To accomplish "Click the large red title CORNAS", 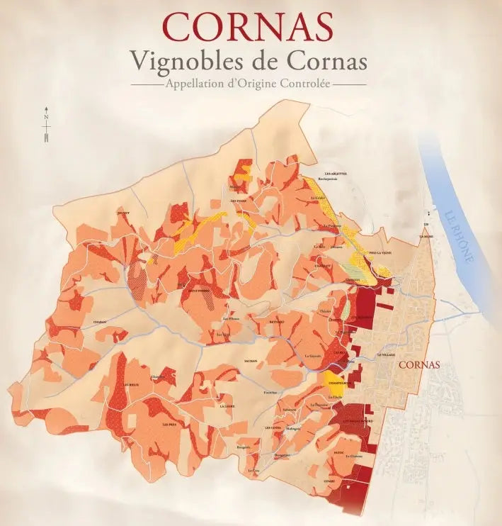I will pos(248,26).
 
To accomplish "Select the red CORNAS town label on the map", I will pos(419,365).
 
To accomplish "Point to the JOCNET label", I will pos(124,212).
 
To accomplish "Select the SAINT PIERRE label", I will pos(198,290).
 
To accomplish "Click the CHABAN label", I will pos(99,322).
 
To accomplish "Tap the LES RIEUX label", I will pos(131,384).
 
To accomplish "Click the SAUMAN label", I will pos(250,361).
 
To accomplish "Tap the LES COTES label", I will pos(273,427).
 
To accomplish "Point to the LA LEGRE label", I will pos(227,406).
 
